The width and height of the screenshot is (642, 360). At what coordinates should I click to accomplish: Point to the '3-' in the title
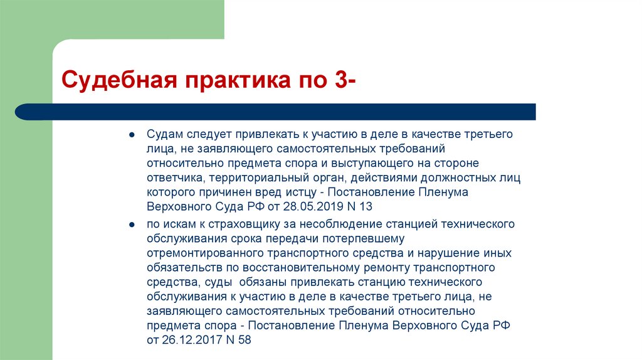[342, 80]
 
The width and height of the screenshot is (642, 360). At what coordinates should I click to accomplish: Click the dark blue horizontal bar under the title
[276, 112]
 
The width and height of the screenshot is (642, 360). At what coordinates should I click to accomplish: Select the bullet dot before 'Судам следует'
[132, 135]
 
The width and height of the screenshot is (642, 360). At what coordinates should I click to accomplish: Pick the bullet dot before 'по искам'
[132, 224]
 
